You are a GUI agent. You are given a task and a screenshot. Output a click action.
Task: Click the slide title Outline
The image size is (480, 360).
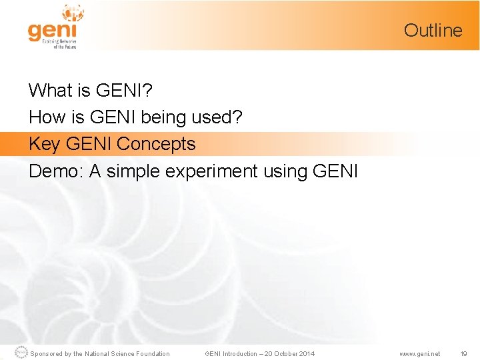[x=433, y=30]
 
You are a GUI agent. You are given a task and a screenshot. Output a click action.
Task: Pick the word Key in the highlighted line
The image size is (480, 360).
[x=44, y=144]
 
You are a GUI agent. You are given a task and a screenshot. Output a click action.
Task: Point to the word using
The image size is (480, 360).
[x=285, y=172]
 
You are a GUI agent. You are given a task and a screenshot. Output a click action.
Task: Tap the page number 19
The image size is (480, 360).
[x=463, y=353]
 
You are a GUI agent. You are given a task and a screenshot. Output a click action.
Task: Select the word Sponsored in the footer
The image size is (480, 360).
[x=47, y=353]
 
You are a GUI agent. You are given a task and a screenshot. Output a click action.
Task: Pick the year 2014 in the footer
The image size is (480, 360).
[x=305, y=353]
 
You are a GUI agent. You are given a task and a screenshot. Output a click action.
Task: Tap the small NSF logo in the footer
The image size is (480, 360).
[x=21, y=353]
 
